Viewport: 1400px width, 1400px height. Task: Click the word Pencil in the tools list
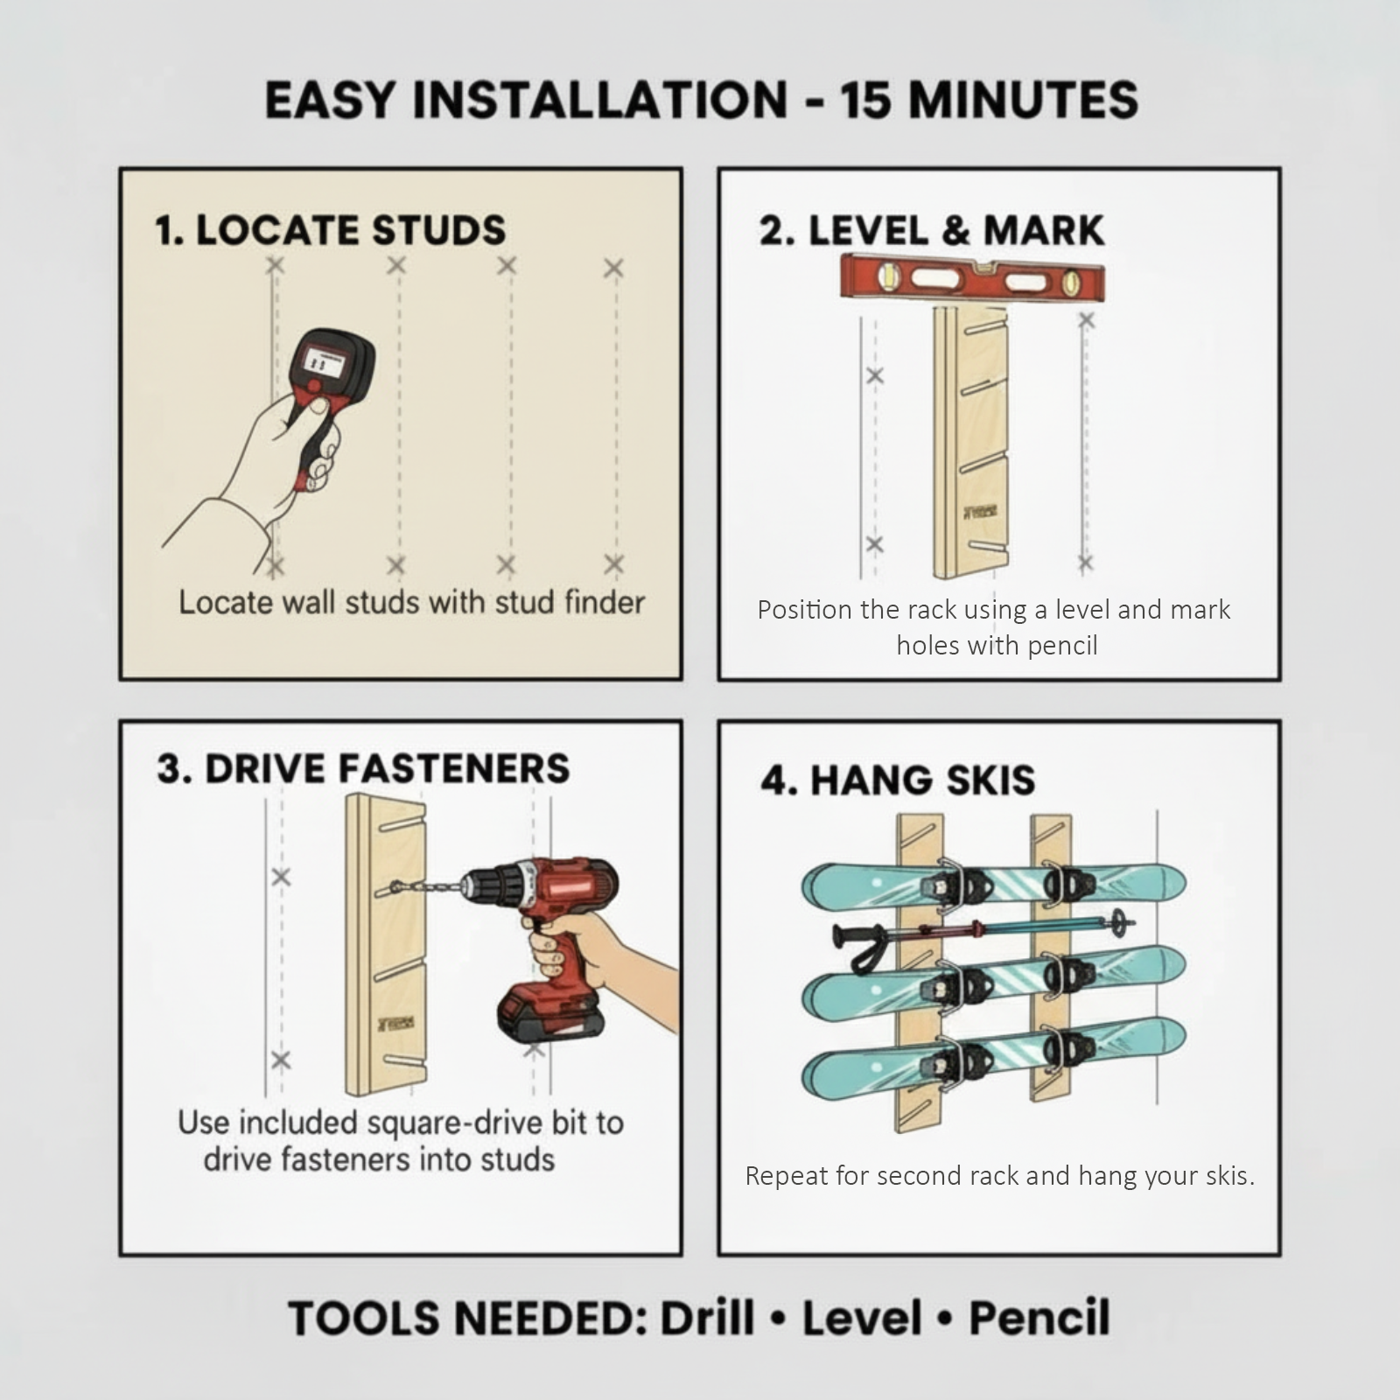click(1039, 1318)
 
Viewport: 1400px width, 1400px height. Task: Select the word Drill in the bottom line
click(707, 1318)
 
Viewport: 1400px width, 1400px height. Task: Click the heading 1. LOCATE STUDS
click(330, 230)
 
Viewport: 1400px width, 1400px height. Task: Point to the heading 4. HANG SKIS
click(897, 780)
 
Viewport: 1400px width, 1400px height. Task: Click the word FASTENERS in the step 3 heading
click(453, 768)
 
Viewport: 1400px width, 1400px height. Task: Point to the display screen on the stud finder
click(321, 360)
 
